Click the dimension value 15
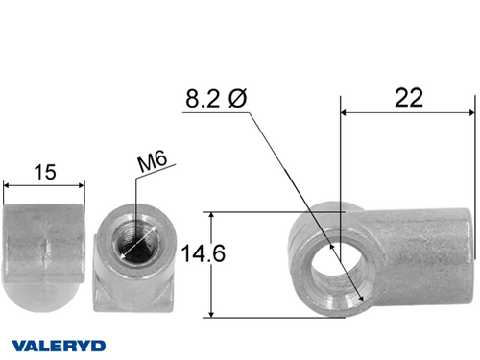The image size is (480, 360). pyautogui.click(x=43, y=172)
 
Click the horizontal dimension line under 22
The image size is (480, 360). pyautogui.click(x=408, y=112)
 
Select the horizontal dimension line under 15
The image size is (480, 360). pyautogui.click(x=43, y=185)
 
